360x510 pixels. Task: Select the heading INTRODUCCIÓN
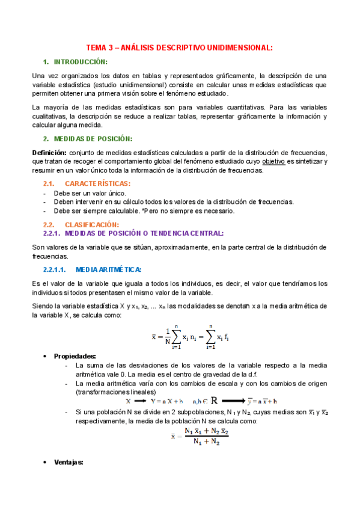[x=81, y=62]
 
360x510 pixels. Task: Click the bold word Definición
[x=49, y=153]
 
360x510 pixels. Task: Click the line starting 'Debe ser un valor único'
[x=90, y=193]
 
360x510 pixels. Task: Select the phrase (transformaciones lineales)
[x=114, y=392]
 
